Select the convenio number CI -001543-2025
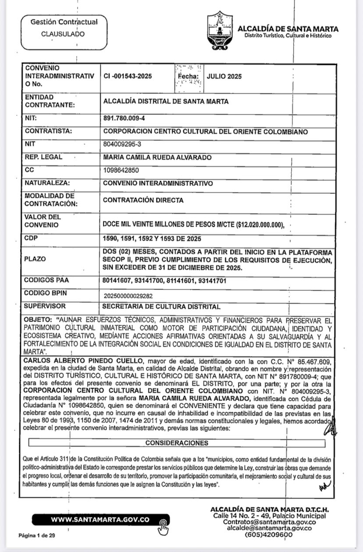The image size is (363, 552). [128, 76]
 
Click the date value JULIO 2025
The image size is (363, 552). [224, 76]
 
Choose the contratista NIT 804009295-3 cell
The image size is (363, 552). [122, 144]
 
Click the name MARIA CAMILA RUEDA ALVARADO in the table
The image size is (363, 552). [157, 157]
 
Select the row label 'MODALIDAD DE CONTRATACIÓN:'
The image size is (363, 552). [50, 200]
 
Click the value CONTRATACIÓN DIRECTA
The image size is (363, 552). [143, 200]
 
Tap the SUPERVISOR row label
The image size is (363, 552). [46, 306]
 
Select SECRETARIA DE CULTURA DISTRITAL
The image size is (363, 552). [161, 306]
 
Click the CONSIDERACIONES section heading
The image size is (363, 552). [177, 443]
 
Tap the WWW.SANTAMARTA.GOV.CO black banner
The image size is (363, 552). [100, 520]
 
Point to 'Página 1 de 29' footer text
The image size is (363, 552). [37, 536]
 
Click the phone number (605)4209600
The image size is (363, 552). [269, 535]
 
